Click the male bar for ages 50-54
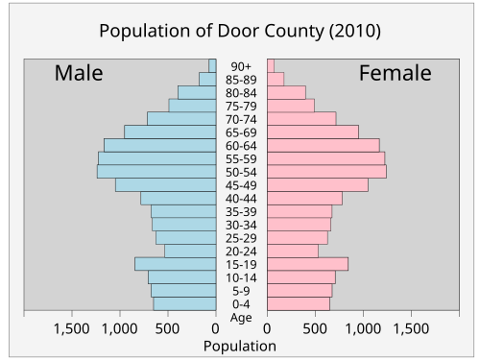pyautogui.click(x=156, y=172)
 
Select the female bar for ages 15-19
pyautogui.click(x=308, y=264)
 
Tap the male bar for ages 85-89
pyautogui.click(x=207, y=79)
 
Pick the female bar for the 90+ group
pyautogui.click(x=271, y=66)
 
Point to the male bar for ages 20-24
pyautogui.click(x=190, y=251)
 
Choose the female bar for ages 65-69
pyautogui.click(x=313, y=132)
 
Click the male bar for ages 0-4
pyautogui.click(x=185, y=303)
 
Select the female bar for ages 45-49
pyautogui.click(x=318, y=185)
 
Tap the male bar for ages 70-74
pyautogui.click(x=181, y=119)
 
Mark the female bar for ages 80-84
pyautogui.click(x=286, y=92)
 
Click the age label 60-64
pyautogui.click(x=241, y=146)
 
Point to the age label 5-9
pyautogui.click(x=241, y=291)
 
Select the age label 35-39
pyautogui.click(x=241, y=212)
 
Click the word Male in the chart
pyautogui.click(x=79, y=73)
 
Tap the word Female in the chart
pyautogui.click(x=396, y=73)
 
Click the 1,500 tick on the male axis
pyautogui.click(x=72, y=329)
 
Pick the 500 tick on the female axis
pyautogui.click(x=315, y=329)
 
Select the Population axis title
pyautogui.click(x=240, y=347)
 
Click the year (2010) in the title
pyautogui.click(x=355, y=31)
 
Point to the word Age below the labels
pyautogui.click(x=241, y=318)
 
